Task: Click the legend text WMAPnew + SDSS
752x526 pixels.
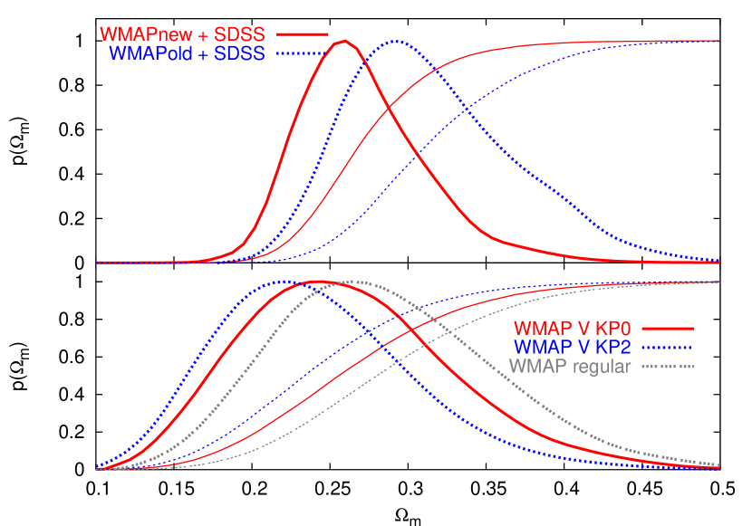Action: point(182,33)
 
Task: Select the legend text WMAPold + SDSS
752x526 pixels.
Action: point(187,53)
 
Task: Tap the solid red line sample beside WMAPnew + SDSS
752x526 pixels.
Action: point(302,33)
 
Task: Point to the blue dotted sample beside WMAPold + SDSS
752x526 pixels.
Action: point(302,53)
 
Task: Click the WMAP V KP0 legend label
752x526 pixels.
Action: point(572,328)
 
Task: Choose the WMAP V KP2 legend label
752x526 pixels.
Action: point(572,347)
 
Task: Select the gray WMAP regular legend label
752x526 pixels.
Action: point(570,367)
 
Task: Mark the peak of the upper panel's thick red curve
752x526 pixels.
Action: point(345,41)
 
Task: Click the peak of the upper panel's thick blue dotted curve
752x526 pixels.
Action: point(396,42)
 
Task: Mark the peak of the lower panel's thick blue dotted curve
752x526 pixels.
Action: point(283,282)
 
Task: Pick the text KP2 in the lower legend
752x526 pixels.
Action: point(613,347)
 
